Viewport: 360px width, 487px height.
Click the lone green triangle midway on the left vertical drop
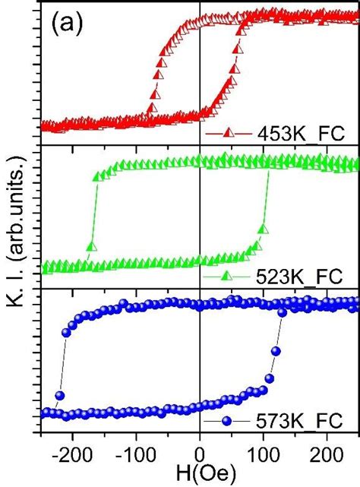pos(92,246)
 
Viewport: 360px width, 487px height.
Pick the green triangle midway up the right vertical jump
pos(264,229)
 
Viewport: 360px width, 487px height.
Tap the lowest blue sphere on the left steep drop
pos(59,395)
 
